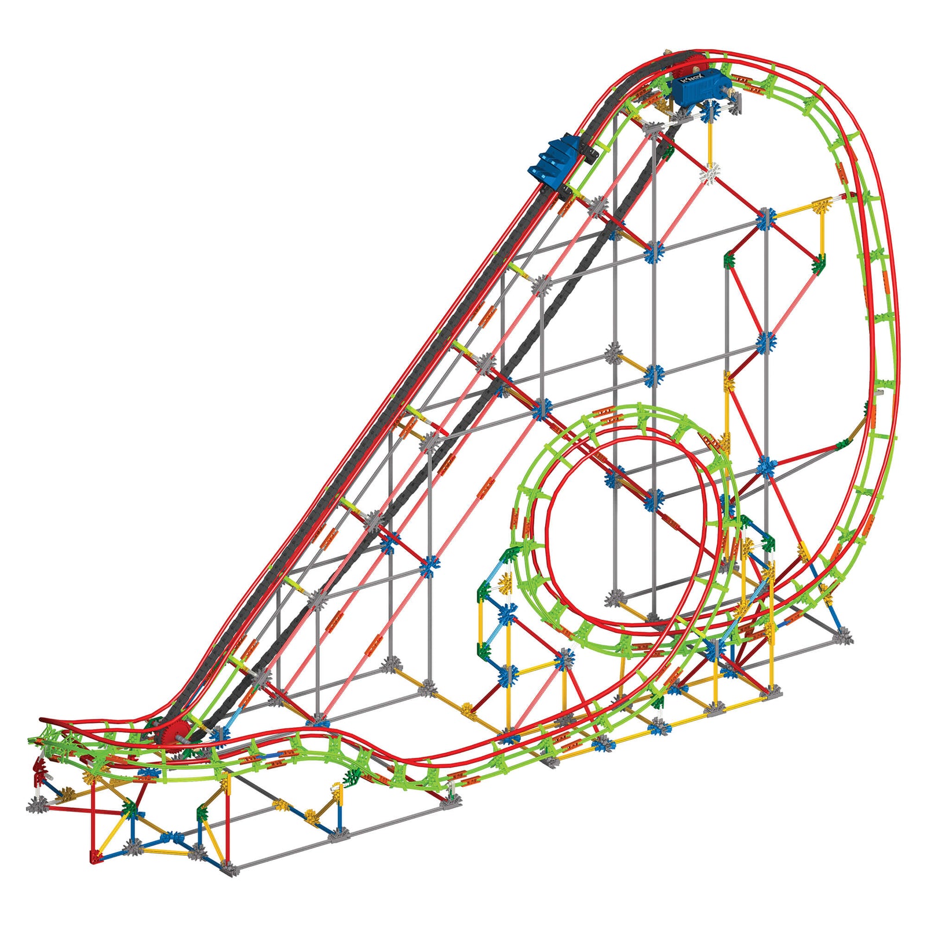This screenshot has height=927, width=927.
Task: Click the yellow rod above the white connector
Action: click(710, 139)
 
